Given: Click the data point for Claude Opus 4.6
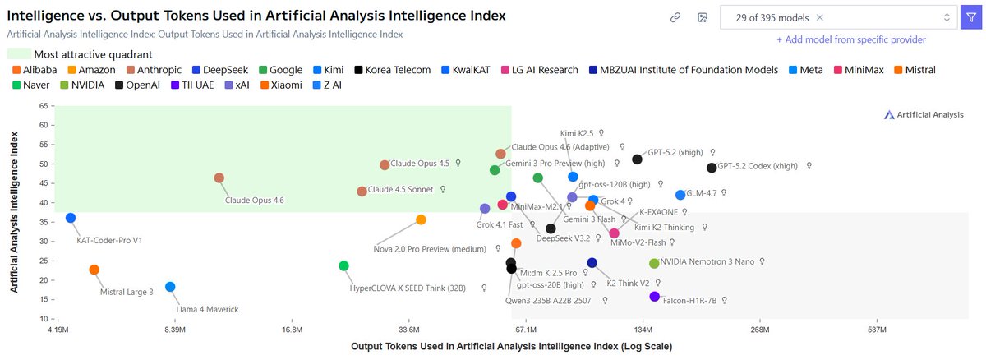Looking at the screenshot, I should [x=219, y=178].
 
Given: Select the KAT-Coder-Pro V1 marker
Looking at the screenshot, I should [x=71, y=218].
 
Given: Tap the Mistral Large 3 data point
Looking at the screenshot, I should [x=94, y=270].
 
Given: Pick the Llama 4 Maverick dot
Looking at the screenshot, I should [x=170, y=287].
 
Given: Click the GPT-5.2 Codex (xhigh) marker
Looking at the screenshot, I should [x=712, y=168].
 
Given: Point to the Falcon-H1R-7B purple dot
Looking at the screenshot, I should [x=654, y=296].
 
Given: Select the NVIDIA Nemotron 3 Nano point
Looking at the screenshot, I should [x=654, y=263].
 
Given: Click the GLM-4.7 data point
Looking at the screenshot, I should [x=680, y=195].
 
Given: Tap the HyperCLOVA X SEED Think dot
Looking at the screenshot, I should [x=343, y=265].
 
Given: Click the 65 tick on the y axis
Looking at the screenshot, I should [x=42, y=107].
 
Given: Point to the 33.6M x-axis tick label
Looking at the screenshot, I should [x=408, y=330].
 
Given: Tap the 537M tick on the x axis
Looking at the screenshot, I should [x=878, y=330].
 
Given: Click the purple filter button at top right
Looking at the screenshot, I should [x=970, y=17].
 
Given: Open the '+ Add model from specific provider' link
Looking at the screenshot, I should [x=850, y=39].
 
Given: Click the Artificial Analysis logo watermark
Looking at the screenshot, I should [x=924, y=115].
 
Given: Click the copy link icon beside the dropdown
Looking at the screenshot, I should [x=675, y=17].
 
